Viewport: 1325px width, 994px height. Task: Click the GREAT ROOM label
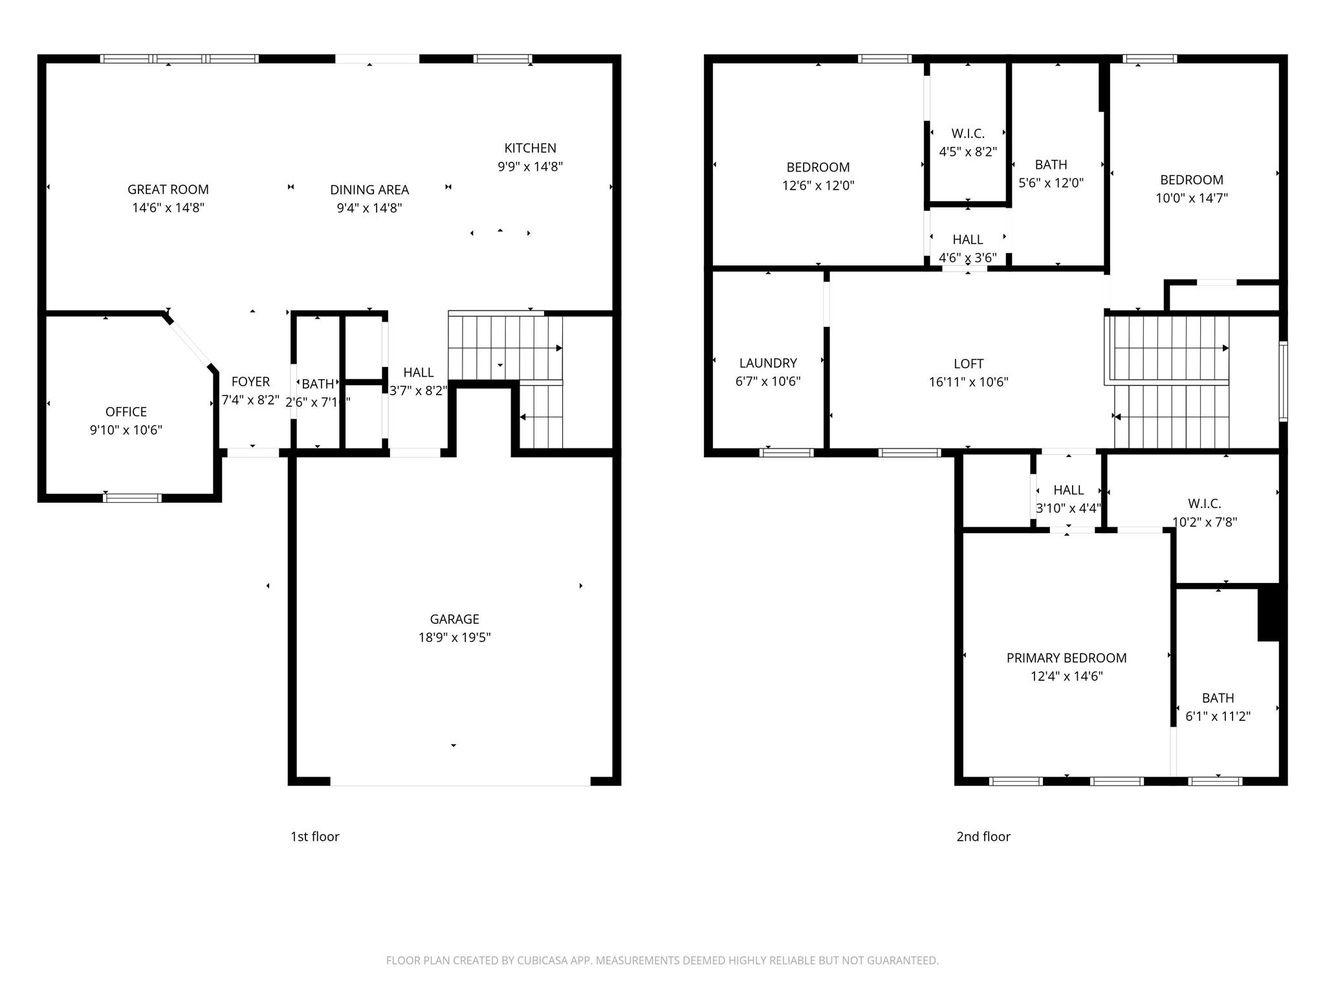(x=168, y=190)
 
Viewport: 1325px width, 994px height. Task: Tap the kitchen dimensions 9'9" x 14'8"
(x=530, y=166)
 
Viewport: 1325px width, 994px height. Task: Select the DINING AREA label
(x=369, y=190)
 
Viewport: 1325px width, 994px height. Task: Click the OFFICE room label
(x=126, y=412)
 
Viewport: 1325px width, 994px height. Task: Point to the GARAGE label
(x=454, y=619)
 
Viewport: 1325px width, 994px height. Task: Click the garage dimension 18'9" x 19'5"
(x=454, y=637)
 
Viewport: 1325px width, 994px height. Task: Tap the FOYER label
(x=250, y=382)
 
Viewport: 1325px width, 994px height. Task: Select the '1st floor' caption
(x=314, y=836)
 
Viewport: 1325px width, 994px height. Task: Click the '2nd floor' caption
(x=983, y=836)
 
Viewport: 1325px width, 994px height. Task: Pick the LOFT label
(x=968, y=364)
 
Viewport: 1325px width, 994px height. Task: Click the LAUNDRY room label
(x=768, y=363)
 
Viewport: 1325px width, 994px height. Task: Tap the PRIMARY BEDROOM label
(x=1066, y=658)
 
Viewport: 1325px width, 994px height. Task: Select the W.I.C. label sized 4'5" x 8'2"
(x=968, y=133)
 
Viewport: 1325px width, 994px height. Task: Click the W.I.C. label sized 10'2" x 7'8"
(x=1204, y=503)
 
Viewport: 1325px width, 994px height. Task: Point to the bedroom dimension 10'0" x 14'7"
(x=1191, y=198)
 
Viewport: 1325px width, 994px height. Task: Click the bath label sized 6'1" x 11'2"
(x=1218, y=698)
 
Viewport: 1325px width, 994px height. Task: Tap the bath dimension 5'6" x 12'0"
(x=1051, y=183)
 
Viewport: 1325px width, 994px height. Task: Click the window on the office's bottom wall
(x=132, y=498)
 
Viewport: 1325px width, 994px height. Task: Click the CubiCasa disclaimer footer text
(x=662, y=960)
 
